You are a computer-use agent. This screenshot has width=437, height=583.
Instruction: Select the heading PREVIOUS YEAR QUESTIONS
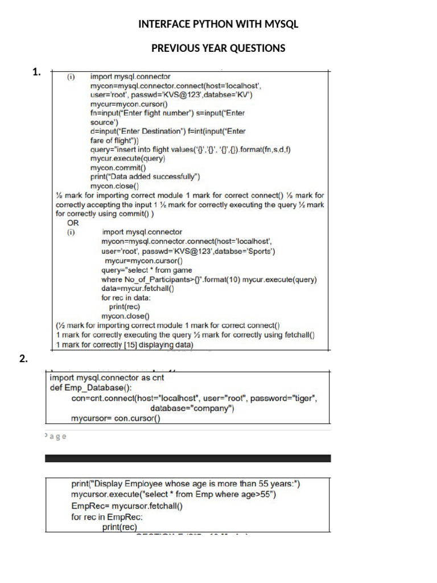click(x=218, y=48)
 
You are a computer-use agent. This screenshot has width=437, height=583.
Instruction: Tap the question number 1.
click(x=37, y=72)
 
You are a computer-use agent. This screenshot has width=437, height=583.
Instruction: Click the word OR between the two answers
click(x=73, y=223)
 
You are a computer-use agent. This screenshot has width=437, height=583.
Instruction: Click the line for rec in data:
click(x=126, y=298)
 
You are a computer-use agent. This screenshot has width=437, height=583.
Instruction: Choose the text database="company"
click(x=192, y=408)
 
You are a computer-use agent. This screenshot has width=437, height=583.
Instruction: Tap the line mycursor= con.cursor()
click(x=116, y=418)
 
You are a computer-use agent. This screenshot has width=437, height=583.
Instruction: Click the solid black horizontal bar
click(x=188, y=458)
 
